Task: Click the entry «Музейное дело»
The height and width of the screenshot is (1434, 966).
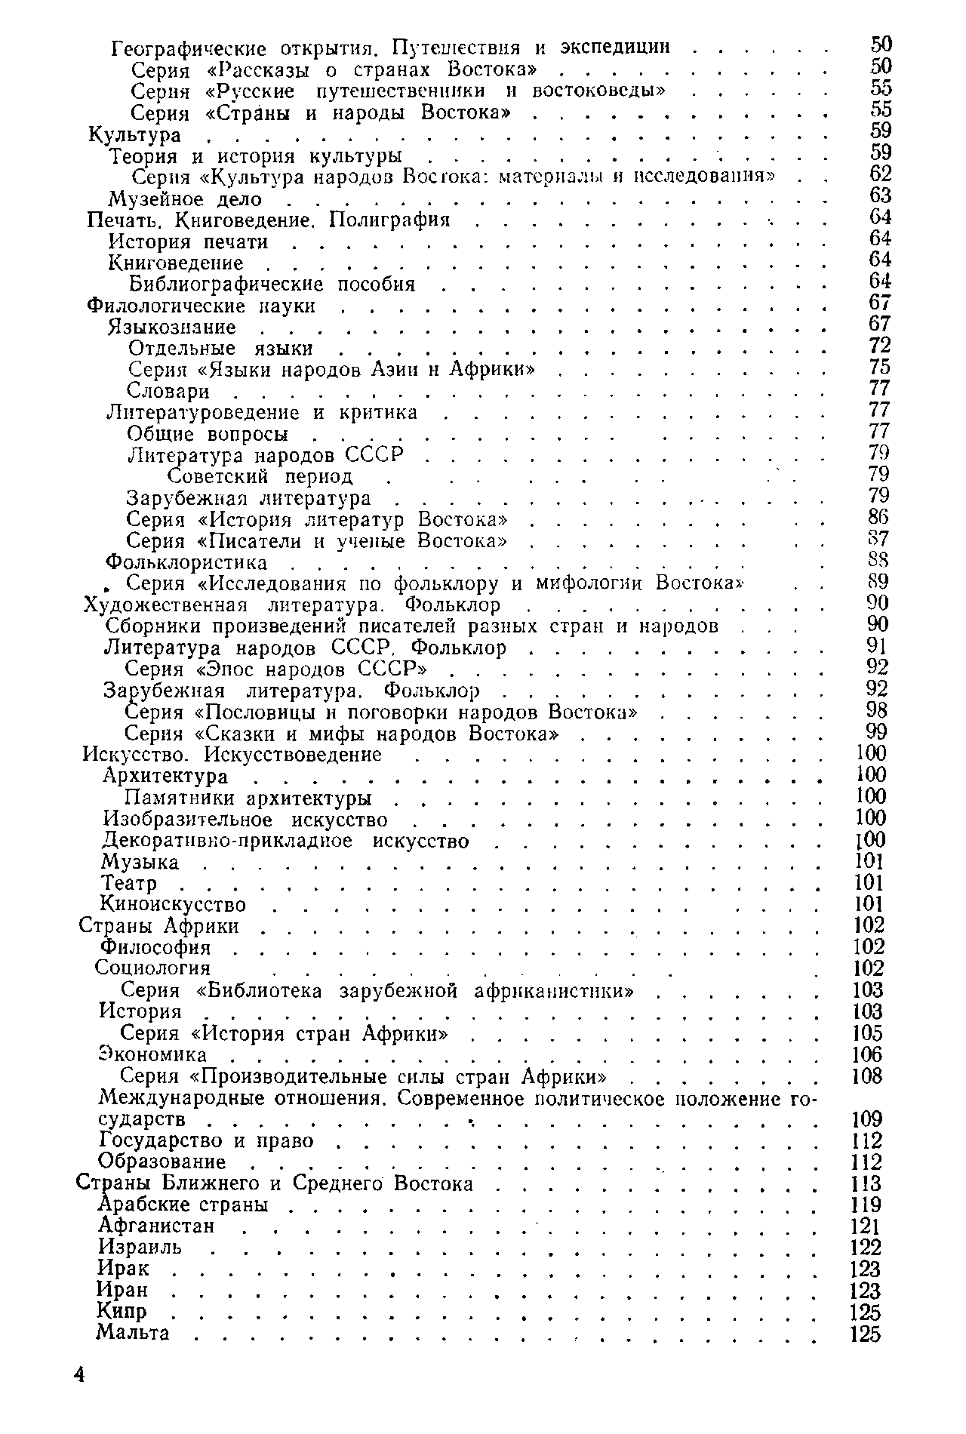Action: click(x=186, y=200)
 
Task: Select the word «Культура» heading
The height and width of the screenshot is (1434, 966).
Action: click(x=135, y=136)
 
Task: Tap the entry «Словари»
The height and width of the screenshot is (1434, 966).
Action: click(x=168, y=392)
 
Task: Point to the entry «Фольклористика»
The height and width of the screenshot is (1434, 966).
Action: click(x=186, y=563)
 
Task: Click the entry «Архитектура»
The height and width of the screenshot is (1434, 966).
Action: click(x=165, y=777)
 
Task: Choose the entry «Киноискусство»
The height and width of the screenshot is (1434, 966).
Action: click(x=174, y=905)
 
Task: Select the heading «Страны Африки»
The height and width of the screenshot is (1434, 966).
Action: click(x=159, y=926)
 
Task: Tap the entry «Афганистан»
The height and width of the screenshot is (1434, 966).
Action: click(x=157, y=1226)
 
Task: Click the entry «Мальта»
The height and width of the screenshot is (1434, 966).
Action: click(x=134, y=1333)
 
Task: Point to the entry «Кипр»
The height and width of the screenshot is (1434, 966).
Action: click(x=122, y=1312)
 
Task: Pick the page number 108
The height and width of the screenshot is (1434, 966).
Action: click(x=866, y=1076)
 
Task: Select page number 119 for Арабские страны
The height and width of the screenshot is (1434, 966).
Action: click(x=866, y=1205)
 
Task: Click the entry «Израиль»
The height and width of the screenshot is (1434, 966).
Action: click(x=140, y=1248)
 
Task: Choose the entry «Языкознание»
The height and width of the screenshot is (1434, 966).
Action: click(x=172, y=328)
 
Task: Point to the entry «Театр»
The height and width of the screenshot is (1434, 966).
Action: click(x=129, y=884)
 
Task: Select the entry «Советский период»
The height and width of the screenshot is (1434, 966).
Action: click(x=260, y=477)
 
